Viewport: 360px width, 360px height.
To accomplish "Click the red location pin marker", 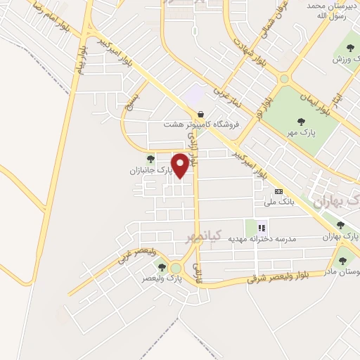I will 181,165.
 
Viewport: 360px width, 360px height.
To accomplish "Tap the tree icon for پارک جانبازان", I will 150,159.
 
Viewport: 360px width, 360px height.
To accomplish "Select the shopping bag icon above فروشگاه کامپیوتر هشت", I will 201,114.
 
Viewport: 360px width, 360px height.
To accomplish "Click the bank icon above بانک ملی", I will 278,191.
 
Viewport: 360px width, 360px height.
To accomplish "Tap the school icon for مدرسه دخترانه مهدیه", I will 262,227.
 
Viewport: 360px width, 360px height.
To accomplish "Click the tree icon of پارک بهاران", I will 341,226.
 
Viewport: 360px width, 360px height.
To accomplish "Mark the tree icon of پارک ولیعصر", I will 162,266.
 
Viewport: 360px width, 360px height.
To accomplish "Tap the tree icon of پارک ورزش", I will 349,49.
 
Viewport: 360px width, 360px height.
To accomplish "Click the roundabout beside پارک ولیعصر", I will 175,269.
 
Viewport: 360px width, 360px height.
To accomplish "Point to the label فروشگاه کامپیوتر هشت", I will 202,125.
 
